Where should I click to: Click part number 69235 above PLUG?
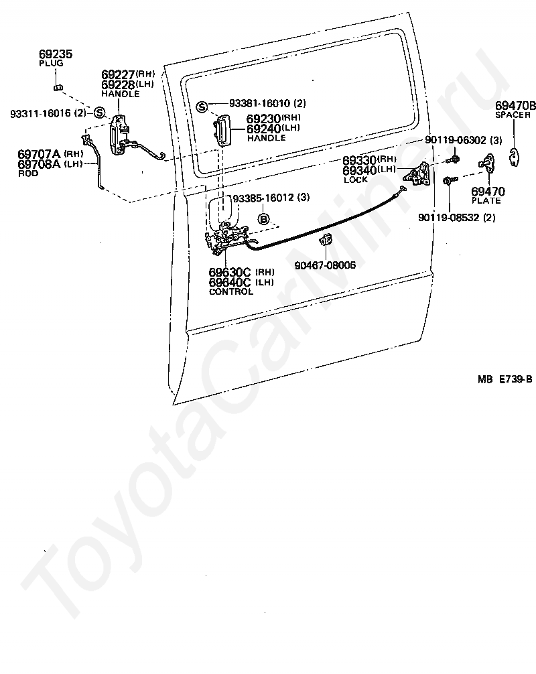[56, 54]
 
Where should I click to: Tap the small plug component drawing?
[58, 88]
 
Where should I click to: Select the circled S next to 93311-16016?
[99, 113]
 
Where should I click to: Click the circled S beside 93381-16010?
[202, 107]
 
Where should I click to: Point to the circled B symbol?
[263, 219]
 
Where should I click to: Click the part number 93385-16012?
[263, 198]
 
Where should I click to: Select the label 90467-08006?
[325, 265]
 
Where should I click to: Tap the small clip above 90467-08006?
[326, 241]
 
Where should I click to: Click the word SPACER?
[513, 115]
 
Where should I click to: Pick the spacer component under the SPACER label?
[514, 157]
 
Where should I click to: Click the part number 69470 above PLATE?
[488, 192]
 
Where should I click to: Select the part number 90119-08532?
[449, 218]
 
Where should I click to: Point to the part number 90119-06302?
[455, 140]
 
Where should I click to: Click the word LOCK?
[356, 180]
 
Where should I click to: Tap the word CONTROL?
[231, 291]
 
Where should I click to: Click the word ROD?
[28, 174]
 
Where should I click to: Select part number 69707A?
[39, 154]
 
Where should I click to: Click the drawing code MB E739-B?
[505, 379]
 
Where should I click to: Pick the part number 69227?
[118, 74]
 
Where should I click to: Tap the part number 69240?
[263, 129]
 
